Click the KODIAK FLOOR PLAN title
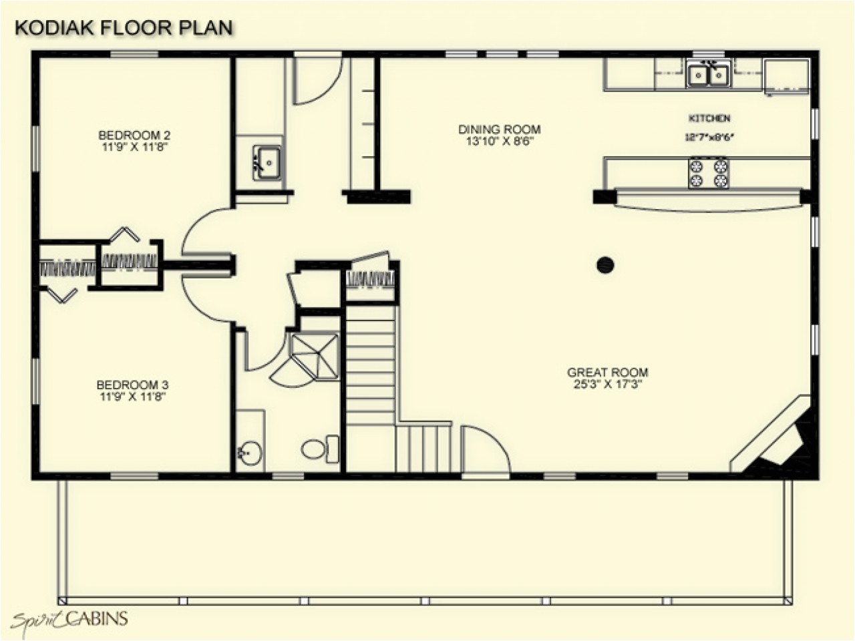click(x=124, y=27)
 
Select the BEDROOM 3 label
click(x=132, y=385)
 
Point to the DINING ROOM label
click(x=499, y=130)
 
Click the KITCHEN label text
click(x=709, y=118)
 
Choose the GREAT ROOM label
click(x=607, y=373)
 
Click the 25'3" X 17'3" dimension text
click(x=607, y=385)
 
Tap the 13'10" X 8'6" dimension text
click(x=499, y=142)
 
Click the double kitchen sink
click(x=708, y=74)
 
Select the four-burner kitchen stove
click(x=708, y=173)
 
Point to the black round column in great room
click(x=605, y=265)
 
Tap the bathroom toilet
click(x=319, y=448)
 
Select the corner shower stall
click(x=313, y=354)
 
